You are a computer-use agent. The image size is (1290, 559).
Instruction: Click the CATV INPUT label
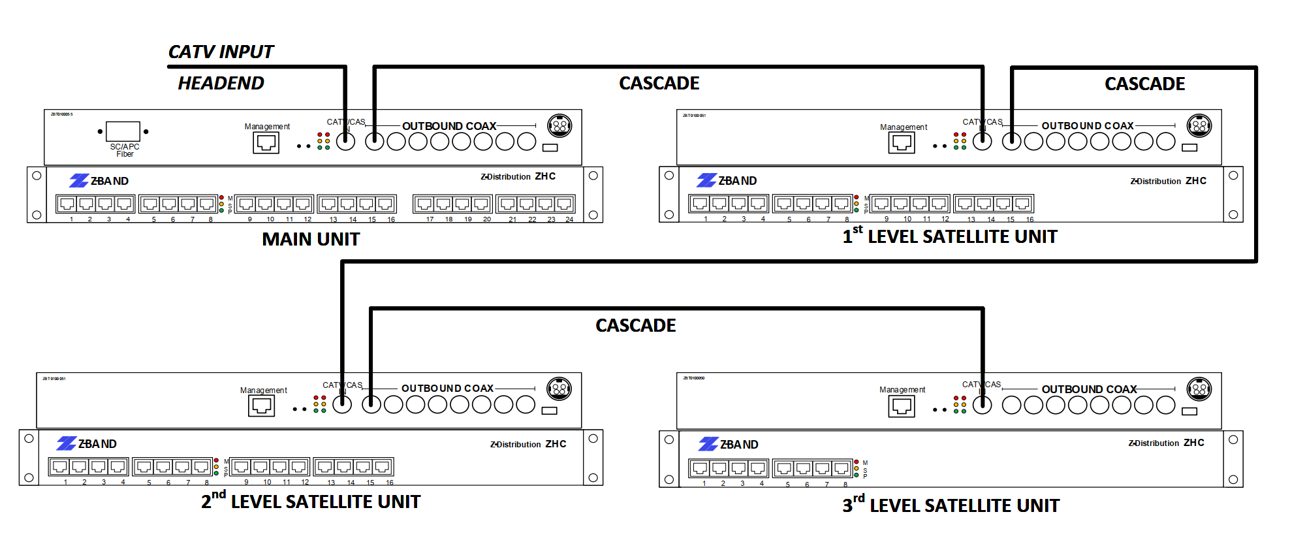tap(221, 52)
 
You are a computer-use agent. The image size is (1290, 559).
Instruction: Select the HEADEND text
tap(221, 83)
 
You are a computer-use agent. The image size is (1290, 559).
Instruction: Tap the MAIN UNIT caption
tap(311, 239)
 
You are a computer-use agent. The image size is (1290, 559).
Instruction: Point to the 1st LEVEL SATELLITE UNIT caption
tap(950, 236)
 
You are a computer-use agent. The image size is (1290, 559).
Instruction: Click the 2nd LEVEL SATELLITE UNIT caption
tap(311, 502)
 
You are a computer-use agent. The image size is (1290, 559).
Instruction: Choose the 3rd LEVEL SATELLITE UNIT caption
tap(951, 505)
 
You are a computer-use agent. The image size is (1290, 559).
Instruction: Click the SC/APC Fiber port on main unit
tap(123, 131)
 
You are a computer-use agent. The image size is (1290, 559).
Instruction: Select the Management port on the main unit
tap(266, 142)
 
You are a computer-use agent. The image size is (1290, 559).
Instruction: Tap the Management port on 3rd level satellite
tap(902, 406)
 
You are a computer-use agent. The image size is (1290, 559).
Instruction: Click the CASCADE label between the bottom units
tap(635, 325)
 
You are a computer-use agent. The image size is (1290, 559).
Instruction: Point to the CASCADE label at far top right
tap(1144, 84)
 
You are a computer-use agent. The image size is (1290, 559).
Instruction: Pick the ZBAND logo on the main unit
tap(99, 181)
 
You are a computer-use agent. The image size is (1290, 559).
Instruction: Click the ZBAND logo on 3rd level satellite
tap(729, 445)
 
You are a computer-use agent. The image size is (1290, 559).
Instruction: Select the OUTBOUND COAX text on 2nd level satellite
tap(447, 388)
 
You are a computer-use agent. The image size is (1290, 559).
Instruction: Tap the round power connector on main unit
tap(559, 125)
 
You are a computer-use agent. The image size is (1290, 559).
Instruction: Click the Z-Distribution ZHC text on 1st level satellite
tap(1168, 181)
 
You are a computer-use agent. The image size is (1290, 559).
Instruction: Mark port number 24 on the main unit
tap(565, 204)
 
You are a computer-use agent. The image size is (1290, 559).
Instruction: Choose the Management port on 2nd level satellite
tap(261, 406)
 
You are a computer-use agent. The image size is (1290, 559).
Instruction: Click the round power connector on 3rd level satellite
tap(1199, 389)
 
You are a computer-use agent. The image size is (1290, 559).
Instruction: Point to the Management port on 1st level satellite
tap(902, 142)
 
